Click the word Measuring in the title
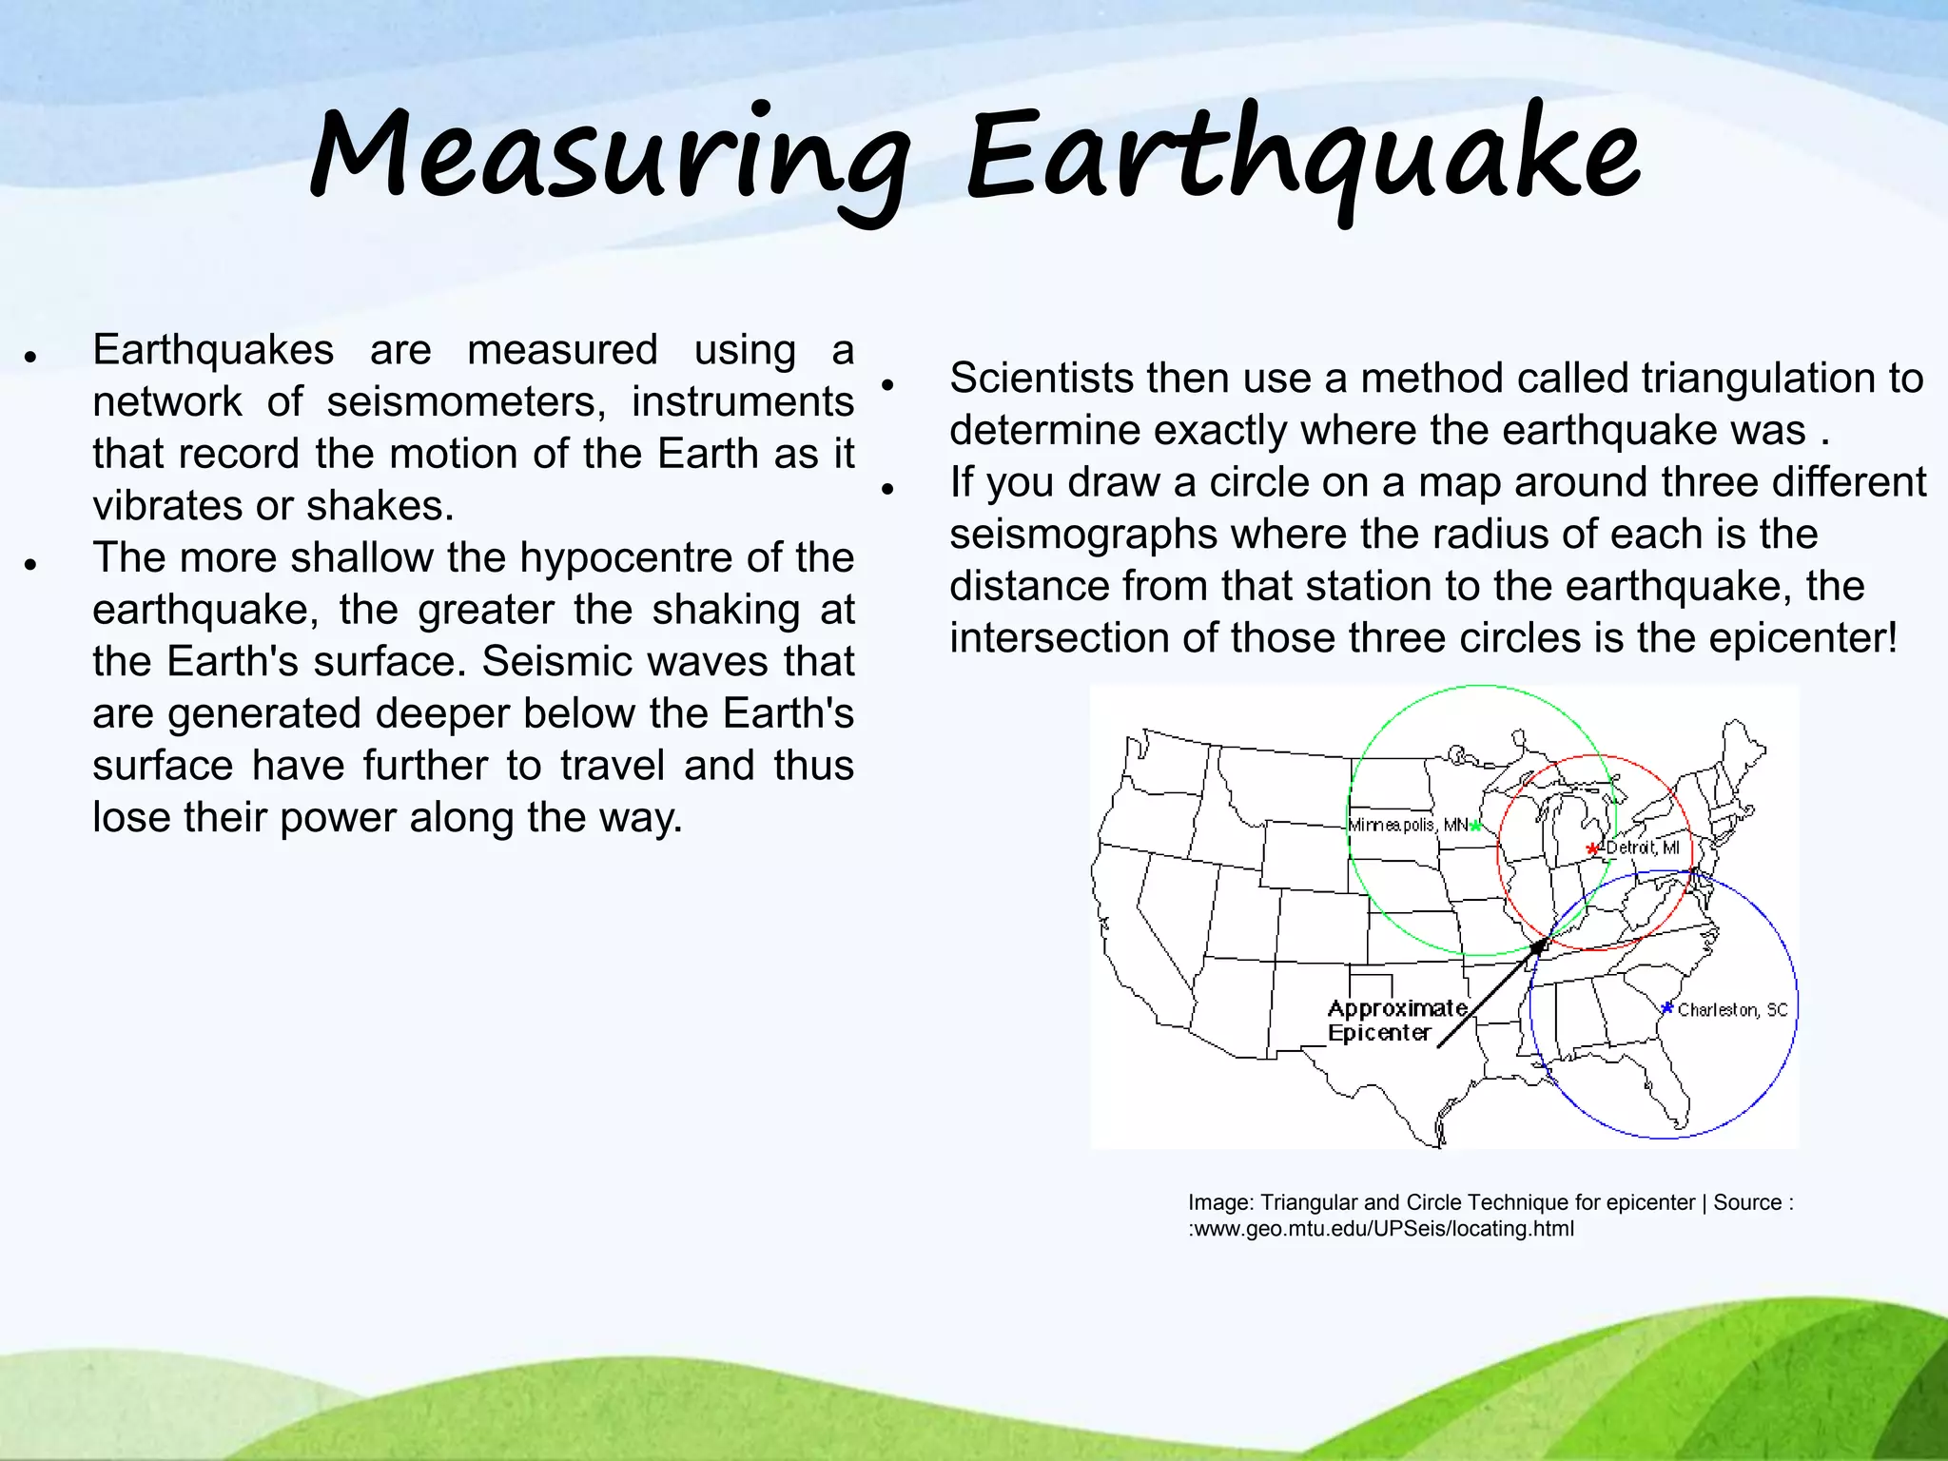coord(609,157)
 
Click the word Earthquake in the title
coord(1303,157)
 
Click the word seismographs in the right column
coord(1083,535)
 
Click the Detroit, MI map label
coord(1643,847)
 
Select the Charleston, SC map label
coord(1732,1010)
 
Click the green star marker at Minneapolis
coord(1475,826)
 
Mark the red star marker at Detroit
coord(1592,848)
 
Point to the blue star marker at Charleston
coord(1666,1007)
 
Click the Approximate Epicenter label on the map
coord(1395,1021)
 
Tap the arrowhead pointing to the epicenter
coord(1540,945)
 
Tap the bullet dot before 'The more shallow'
coord(31,564)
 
